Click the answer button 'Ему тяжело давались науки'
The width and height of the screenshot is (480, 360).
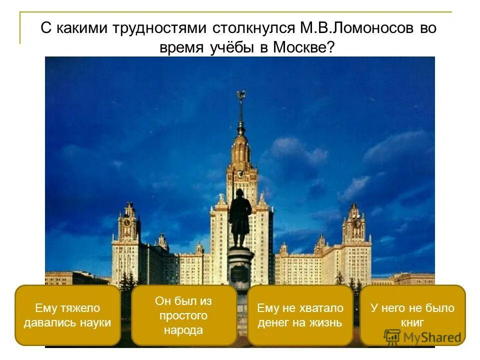pos(67,315)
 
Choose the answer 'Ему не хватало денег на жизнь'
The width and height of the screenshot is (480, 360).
pos(300,315)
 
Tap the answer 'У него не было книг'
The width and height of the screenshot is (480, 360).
pos(412,315)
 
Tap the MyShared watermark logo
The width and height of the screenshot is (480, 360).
pos(422,337)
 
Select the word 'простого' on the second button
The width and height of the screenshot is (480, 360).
pos(183,315)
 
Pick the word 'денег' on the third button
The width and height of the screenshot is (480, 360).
pos(274,322)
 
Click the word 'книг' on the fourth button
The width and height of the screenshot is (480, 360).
pos(412,322)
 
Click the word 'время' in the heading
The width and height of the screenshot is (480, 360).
pos(178,48)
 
